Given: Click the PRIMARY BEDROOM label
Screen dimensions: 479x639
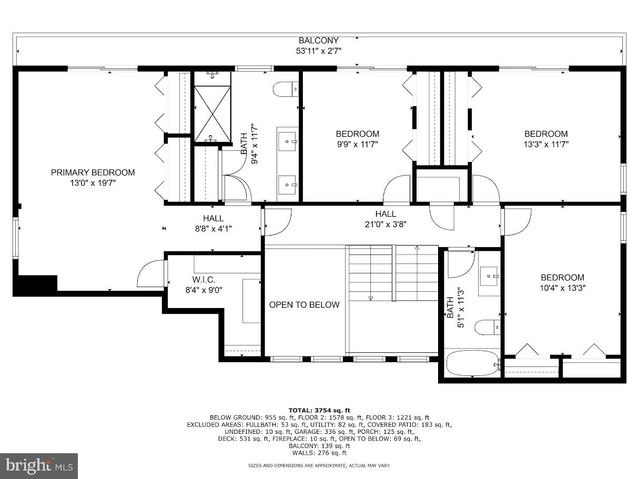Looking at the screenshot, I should [x=93, y=172].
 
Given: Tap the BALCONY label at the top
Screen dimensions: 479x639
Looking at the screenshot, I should [x=319, y=40].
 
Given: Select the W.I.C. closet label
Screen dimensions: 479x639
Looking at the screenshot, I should [x=204, y=279].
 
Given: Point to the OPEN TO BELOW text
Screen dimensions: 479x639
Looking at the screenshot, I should [x=305, y=304].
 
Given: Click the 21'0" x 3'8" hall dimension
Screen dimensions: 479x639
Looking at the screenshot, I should [x=386, y=223].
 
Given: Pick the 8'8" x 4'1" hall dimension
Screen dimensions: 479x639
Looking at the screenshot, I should [x=213, y=228].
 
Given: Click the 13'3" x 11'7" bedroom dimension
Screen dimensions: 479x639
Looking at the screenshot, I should [x=546, y=144].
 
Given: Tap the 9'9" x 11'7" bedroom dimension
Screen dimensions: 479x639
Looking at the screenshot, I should [x=357, y=144].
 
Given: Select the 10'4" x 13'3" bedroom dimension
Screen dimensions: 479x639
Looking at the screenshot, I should [x=563, y=288].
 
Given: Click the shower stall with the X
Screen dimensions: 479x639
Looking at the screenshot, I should [x=212, y=114].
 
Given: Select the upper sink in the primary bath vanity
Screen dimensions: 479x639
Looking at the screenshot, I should [x=287, y=140].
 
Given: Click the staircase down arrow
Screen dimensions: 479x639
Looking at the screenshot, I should [x=370, y=298].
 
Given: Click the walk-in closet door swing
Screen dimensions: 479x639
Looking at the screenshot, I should [x=151, y=274].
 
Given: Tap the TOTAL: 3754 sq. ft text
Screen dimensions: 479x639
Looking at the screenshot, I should [x=319, y=410].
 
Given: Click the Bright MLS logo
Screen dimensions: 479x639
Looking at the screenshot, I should [x=39, y=466].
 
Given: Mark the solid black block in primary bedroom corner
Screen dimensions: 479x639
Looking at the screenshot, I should [x=35, y=284].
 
